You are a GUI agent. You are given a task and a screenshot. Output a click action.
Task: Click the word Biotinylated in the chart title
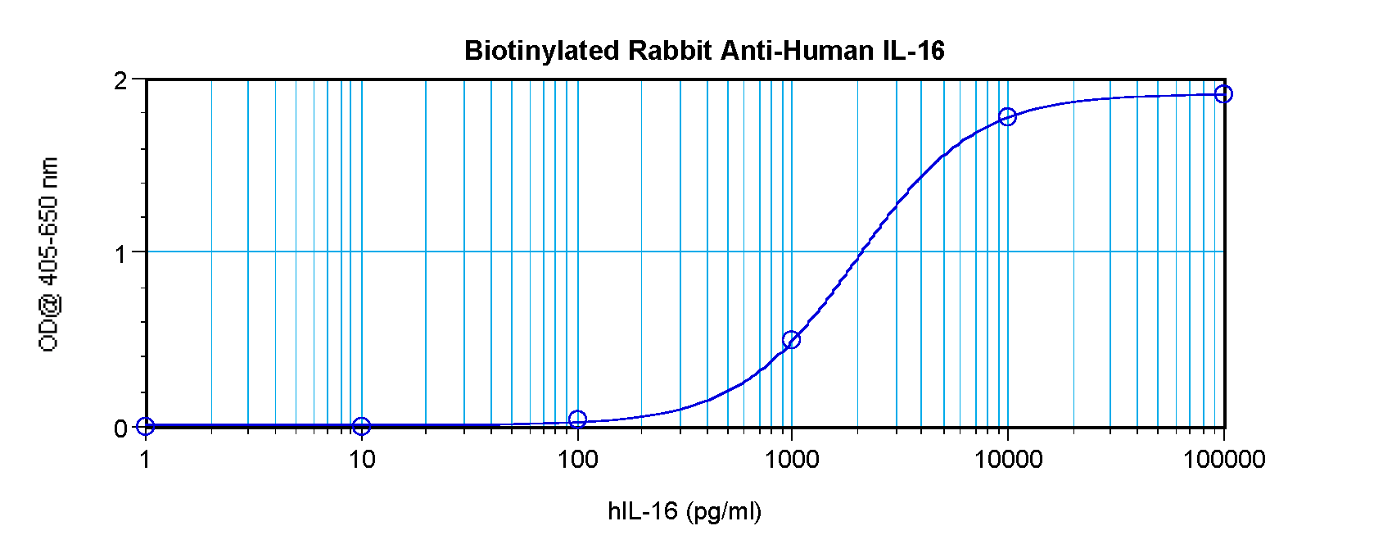542,51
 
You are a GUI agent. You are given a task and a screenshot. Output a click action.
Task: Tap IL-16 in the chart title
913,51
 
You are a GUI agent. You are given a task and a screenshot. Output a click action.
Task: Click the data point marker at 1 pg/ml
145,426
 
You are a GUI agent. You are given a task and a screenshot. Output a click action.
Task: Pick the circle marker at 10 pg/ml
361,426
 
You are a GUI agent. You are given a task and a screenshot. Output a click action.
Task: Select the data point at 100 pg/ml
577,419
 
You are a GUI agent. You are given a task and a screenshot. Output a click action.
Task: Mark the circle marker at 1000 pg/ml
791,339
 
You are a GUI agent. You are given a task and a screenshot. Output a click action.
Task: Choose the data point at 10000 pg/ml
1008,117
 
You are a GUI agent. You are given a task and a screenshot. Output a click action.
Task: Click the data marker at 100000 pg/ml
1223,94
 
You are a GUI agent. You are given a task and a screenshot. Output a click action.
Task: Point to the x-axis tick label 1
145,460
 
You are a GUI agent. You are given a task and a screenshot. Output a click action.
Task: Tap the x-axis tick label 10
361,460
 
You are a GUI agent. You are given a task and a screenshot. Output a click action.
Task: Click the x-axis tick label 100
577,460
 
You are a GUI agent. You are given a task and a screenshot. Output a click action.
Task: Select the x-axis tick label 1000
792,460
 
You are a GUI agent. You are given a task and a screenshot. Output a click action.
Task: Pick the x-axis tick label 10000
1008,460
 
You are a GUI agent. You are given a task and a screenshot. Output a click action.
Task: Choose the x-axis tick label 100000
1224,460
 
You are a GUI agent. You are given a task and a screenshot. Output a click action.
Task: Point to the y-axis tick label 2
121,81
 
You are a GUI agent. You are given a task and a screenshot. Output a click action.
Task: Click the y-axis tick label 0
121,428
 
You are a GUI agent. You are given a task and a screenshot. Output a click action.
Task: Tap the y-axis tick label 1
121,254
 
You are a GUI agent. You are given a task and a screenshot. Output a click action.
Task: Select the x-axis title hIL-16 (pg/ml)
685,512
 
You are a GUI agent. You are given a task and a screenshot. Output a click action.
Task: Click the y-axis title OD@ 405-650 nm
49,254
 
